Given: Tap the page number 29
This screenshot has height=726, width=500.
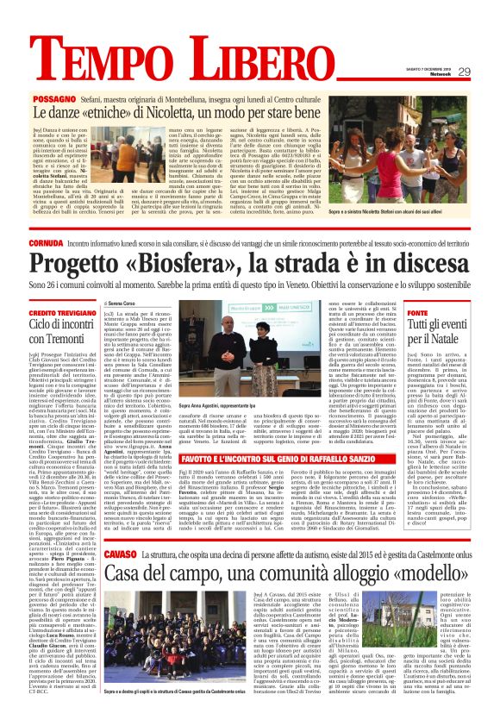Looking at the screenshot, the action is [464, 72].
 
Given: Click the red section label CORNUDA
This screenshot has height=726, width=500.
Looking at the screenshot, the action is [49, 243].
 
